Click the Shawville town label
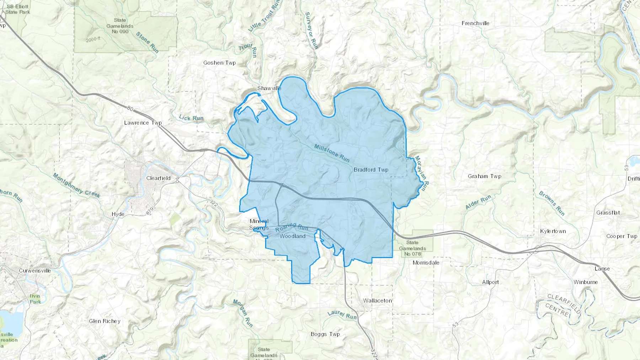tap(269, 88)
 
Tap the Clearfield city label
tap(158, 178)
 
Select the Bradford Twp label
tap(371, 170)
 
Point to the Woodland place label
tap(292, 236)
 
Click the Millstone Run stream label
tap(332, 153)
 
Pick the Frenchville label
tap(475, 23)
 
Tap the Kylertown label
tap(553, 231)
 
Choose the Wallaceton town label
tap(377, 301)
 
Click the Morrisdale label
tap(426, 263)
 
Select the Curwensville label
tap(35, 271)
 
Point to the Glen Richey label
tap(105, 321)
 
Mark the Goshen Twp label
tap(219, 63)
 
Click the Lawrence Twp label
tap(143, 123)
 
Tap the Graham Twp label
tap(484, 176)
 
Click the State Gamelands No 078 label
tap(412, 248)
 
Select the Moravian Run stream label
tap(422, 174)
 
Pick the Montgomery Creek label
tap(76, 185)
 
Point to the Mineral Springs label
tap(259, 224)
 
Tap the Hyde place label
tap(118, 214)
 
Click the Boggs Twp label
tap(325, 334)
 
